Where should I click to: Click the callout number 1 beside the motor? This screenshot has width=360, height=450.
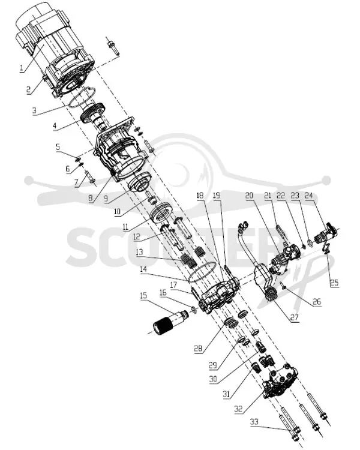21,68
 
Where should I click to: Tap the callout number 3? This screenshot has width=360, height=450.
34,111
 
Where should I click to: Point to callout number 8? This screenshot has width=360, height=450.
90,199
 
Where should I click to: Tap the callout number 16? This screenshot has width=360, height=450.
163,292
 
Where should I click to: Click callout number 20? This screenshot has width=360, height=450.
250,196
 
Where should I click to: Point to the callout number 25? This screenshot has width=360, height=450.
334,283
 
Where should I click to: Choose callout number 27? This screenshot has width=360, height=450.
295,317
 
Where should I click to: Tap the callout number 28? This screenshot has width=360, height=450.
198,349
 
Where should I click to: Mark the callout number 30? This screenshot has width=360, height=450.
213,379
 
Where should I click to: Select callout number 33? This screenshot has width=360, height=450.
254,422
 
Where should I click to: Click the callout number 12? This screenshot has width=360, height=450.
137,236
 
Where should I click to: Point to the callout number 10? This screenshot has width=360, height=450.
117,212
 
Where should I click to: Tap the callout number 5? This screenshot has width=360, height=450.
58,147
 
